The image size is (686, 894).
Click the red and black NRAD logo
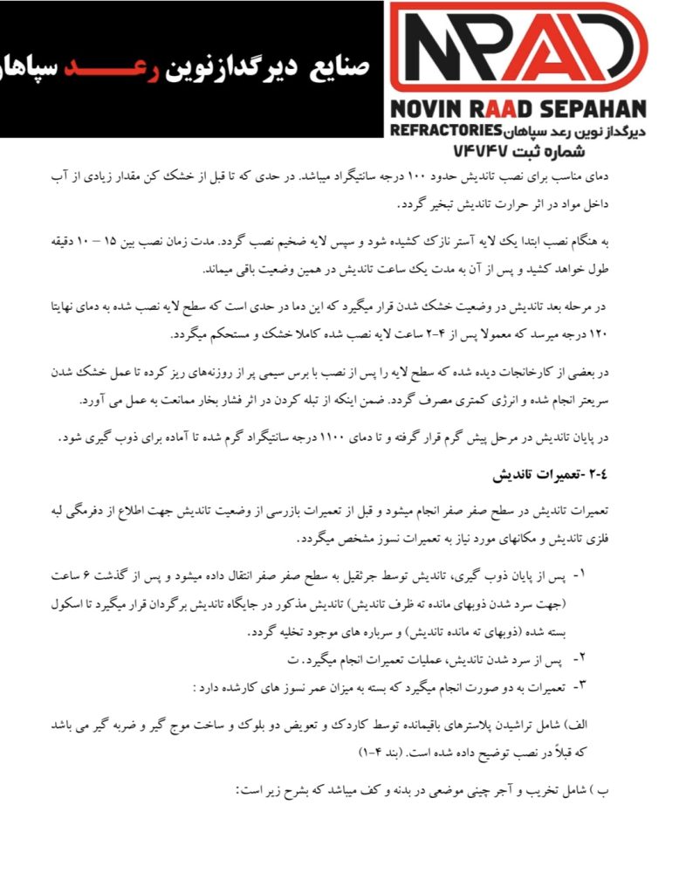click(518, 48)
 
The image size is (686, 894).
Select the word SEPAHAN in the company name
click(597, 110)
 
